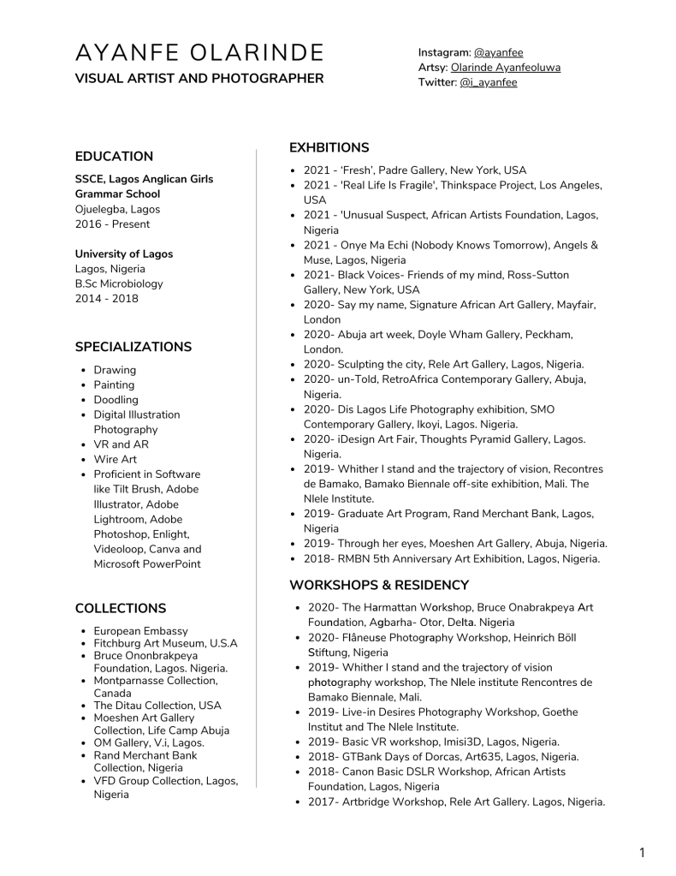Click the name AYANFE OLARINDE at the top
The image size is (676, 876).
click(199, 53)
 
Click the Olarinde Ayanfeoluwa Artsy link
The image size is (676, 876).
click(505, 68)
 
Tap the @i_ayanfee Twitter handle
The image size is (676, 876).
click(488, 83)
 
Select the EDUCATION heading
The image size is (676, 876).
click(114, 156)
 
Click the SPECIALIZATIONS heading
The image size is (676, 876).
click(133, 347)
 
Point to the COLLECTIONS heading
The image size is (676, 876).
click(120, 608)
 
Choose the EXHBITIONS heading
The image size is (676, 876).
click(329, 147)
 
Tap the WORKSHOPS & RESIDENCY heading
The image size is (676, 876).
click(378, 585)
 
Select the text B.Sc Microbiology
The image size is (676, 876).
click(118, 283)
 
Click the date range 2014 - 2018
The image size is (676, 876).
click(106, 299)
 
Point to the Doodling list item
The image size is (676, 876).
click(116, 400)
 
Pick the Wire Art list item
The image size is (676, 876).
click(115, 459)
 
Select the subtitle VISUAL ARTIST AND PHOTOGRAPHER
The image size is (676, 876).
click(199, 79)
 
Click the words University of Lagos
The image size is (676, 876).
click(123, 253)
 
